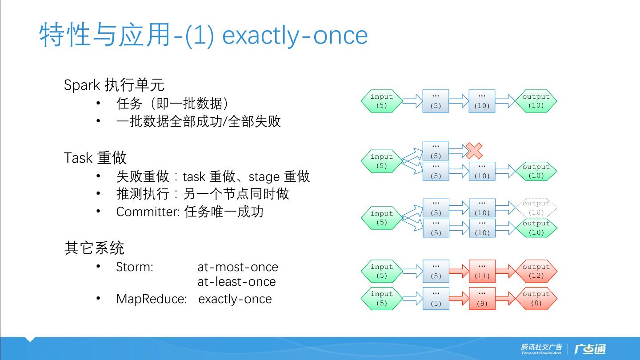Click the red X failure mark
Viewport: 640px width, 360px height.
click(x=474, y=151)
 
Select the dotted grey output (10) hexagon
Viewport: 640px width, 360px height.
click(x=536, y=208)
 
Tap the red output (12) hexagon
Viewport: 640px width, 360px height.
click(x=536, y=271)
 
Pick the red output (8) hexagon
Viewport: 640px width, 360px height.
click(x=536, y=299)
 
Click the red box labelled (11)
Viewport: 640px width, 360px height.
click(x=482, y=271)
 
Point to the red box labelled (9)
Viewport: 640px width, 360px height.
click(x=482, y=299)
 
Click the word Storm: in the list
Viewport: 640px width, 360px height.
click(x=134, y=267)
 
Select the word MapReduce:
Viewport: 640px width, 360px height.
click(x=151, y=299)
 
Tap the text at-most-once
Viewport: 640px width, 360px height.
click(x=238, y=267)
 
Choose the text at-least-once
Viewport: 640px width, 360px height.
click(x=236, y=282)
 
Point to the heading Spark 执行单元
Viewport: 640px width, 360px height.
click(x=114, y=84)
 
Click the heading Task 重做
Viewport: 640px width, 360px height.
click(x=95, y=158)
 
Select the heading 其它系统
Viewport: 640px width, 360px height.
click(x=94, y=248)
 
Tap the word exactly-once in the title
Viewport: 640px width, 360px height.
click(x=295, y=36)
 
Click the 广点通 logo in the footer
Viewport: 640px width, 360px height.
click(x=590, y=349)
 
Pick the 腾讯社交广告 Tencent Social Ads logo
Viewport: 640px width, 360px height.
click(x=541, y=349)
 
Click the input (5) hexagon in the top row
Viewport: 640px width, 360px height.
click(x=381, y=101)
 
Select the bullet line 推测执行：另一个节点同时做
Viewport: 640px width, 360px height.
click(x=202, y=194)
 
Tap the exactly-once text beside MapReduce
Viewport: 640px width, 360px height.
click(x=235, y=299)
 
